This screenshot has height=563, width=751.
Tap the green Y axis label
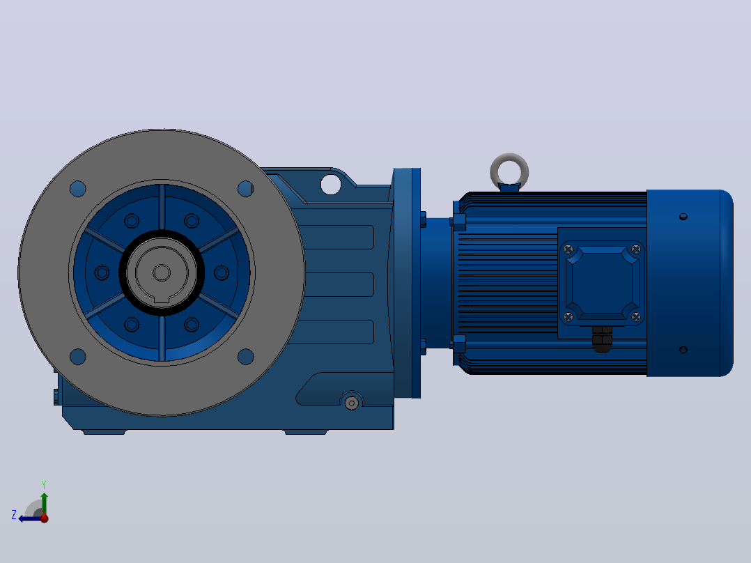[44, 484]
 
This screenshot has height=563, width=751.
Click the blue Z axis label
[14, 515]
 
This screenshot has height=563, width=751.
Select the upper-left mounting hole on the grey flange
[77, 189]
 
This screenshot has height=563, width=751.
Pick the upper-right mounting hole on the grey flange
[246, 189]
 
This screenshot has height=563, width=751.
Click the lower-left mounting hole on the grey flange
[77, 357]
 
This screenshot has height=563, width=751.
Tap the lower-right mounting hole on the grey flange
[246, 357]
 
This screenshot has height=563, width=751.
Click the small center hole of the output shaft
[162, 273]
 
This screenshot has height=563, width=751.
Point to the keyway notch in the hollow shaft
[162, 300]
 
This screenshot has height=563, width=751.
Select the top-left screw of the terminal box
[568, 249]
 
